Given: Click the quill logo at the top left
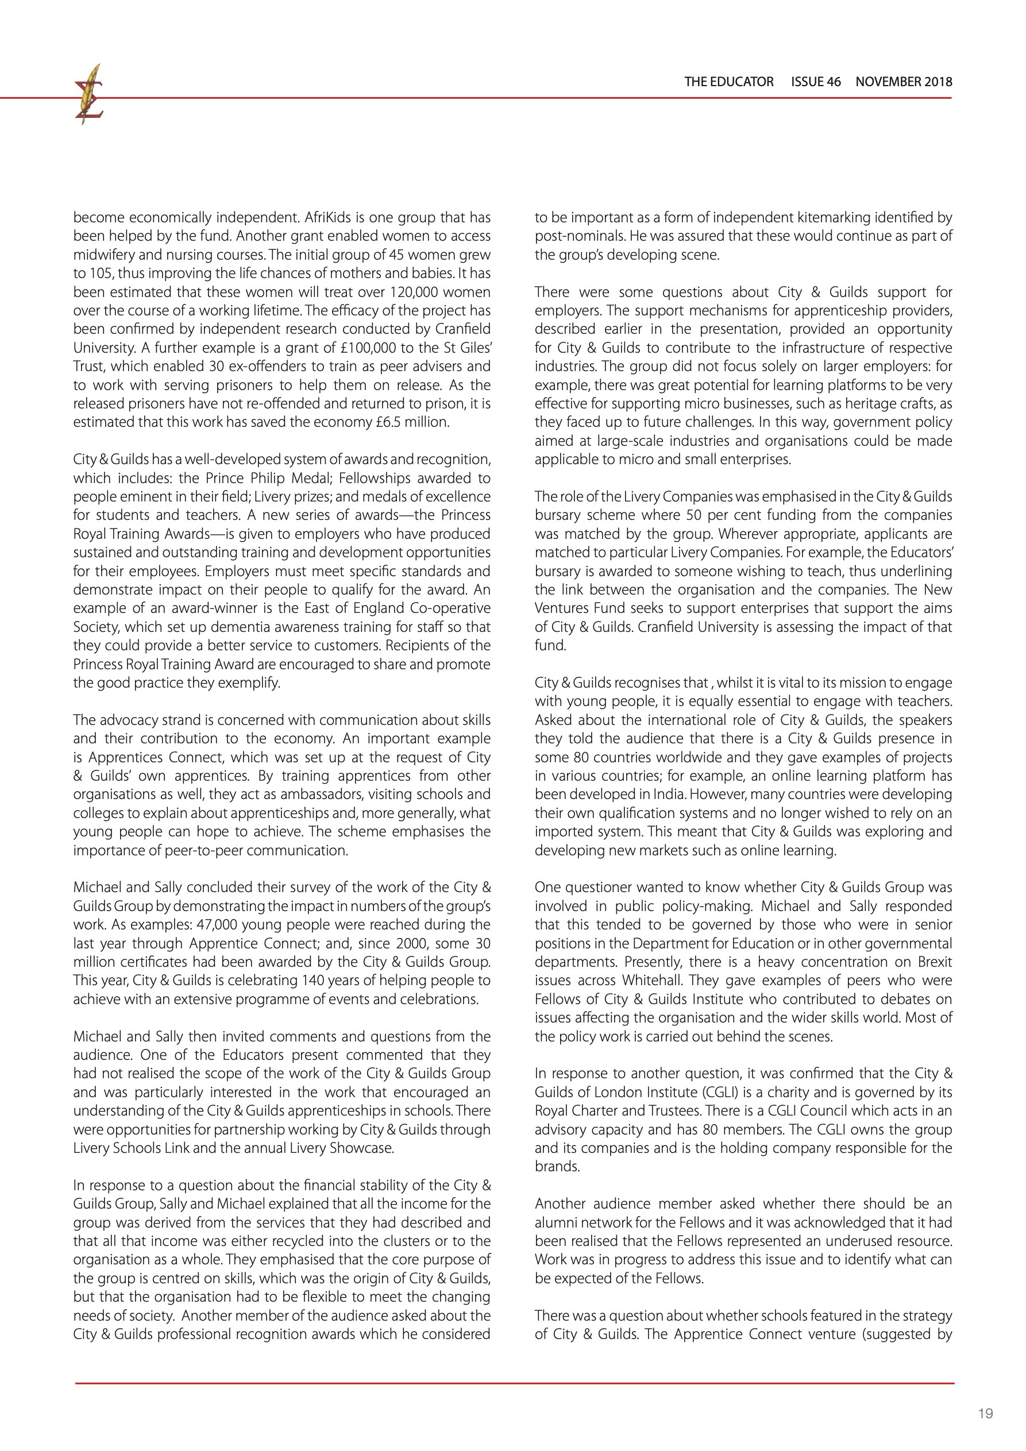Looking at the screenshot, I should click(89, 95).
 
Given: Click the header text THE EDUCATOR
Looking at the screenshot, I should click(728, 82).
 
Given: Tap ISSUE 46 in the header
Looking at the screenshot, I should click(816, 82).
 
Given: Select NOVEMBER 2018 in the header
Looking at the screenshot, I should click(904, 82).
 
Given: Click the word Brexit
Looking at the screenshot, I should click(927, 962).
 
